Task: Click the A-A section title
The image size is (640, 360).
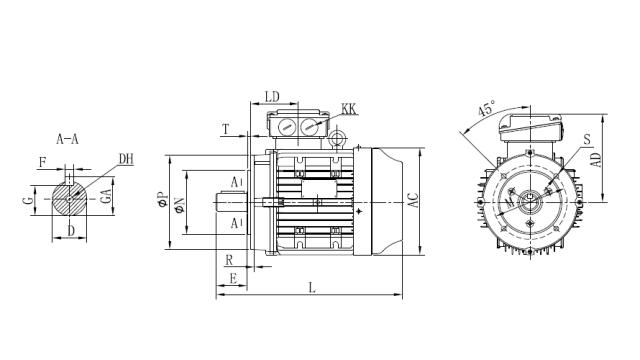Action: [68, 139]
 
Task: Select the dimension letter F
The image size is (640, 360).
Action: [43, 160]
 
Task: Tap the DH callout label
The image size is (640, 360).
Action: [126, 159]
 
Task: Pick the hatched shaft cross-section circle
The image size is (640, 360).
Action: [69, 199]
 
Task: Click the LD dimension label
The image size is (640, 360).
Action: [272, 96]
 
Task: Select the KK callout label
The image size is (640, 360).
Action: [349, 108]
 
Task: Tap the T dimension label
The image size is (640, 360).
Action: [226, 130]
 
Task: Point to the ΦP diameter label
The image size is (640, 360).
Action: [163, 199]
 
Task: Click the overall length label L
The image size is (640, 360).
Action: [312, 289]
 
